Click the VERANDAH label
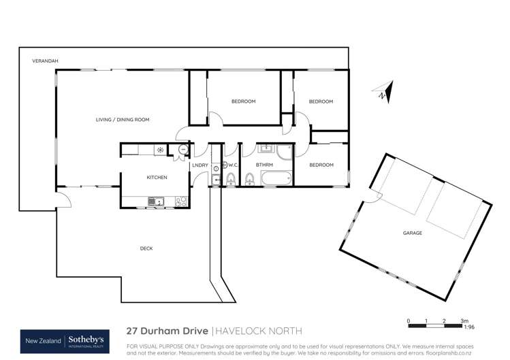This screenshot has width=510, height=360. [45, 61]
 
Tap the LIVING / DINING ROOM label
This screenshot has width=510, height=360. [122, 120]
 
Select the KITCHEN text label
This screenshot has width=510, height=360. [157, 178]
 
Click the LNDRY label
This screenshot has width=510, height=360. [200, 165]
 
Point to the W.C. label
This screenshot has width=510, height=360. [232, 165]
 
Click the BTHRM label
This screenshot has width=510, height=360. [264, 165]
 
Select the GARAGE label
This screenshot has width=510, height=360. [412, 233]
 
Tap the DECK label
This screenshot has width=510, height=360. [146, 248]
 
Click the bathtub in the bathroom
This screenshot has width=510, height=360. [274, 180]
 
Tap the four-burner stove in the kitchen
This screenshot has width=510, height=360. [181, 201]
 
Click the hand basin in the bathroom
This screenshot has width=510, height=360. [266, 148]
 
